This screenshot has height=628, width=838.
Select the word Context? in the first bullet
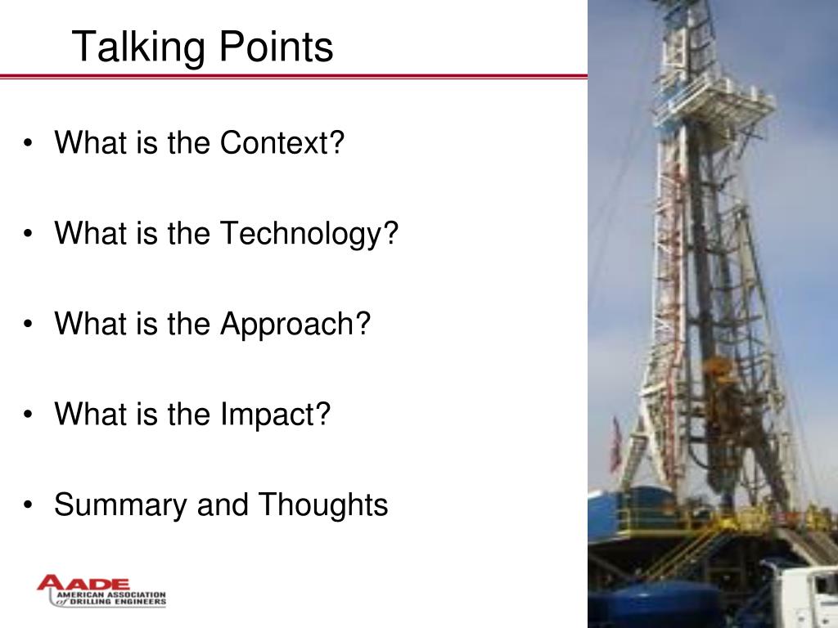pos(282,143)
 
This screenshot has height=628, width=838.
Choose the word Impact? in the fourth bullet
pos(275,415)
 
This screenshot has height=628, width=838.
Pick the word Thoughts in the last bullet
pos(323,505)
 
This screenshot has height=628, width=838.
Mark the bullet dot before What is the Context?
pos(29,145)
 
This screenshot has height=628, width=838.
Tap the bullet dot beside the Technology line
pos(29,235)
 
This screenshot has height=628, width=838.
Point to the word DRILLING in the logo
pos(94,602)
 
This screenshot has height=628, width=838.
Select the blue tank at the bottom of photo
pos(655,603)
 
